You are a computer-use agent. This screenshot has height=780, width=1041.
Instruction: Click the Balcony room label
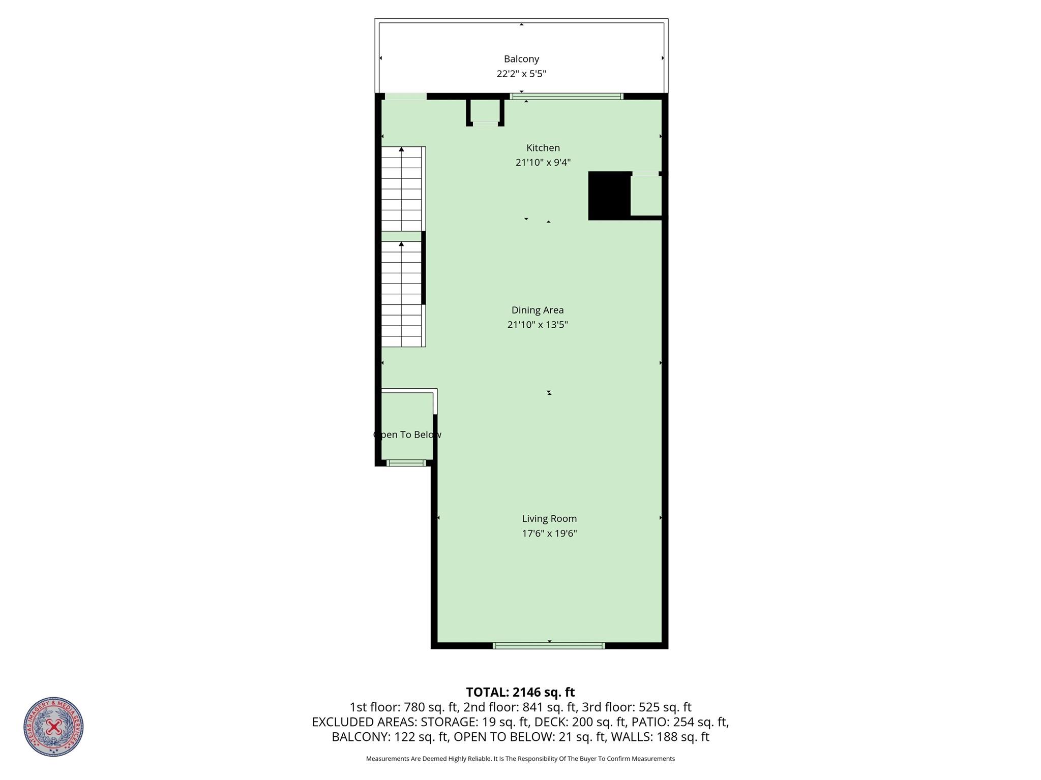point(521,59)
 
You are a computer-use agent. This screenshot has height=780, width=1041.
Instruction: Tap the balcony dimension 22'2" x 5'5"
point(521,74)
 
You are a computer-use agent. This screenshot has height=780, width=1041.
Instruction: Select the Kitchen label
point(543,148)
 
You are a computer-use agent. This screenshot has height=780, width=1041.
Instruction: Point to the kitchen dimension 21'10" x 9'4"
point(543,163)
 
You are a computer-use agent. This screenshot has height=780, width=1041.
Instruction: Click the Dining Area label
point(538,310)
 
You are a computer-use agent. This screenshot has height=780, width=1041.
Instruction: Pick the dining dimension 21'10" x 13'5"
point(538,325)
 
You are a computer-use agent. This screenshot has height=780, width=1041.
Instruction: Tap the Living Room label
point(549,519)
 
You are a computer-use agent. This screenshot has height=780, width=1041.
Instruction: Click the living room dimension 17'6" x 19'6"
point(549,534)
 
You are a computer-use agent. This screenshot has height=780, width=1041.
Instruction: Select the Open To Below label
point(407,435)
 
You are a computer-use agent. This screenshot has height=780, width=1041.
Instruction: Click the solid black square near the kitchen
point(609,196)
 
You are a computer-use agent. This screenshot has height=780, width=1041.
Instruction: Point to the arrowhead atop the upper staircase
point(401,149)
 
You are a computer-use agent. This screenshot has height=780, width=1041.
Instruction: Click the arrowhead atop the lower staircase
point(401,244)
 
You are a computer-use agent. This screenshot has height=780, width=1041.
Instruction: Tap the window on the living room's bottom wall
point(549,646)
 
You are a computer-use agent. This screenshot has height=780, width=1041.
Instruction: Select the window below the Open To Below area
point(406,463)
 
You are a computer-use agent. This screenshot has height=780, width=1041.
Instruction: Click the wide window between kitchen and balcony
point(567,97)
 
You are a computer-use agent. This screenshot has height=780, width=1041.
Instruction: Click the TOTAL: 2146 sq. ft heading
point(520,692)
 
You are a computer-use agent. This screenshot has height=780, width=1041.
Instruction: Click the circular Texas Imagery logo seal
point(53,727)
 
